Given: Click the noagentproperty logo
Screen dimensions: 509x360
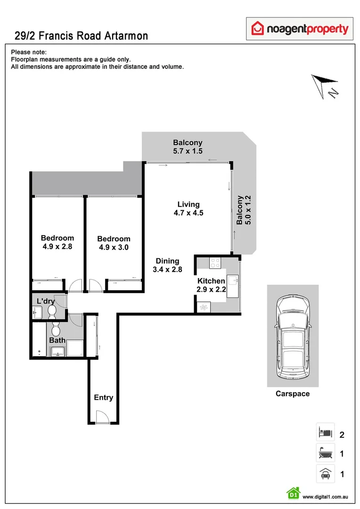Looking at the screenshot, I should [300, 29].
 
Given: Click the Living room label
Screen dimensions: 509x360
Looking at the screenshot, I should [188, 205].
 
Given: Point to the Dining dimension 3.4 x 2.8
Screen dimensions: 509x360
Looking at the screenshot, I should [167, 270].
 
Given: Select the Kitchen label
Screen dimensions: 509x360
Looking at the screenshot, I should [211, 281].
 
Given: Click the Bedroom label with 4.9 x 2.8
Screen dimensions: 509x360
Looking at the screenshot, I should [57, 238].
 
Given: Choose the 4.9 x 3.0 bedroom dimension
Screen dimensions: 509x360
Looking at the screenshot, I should [114, 247].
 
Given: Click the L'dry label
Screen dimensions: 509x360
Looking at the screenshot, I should [46, 300].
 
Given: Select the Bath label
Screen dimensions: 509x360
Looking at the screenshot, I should [57, 340].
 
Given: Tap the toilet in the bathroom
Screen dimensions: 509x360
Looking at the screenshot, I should [56, 328].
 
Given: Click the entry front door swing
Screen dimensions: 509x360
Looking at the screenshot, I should [99, 417].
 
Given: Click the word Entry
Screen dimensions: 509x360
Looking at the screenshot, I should [103, 397].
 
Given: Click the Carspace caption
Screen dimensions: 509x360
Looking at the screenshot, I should [293, 394].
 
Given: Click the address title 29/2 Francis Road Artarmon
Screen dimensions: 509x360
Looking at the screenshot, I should [79, 35].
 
